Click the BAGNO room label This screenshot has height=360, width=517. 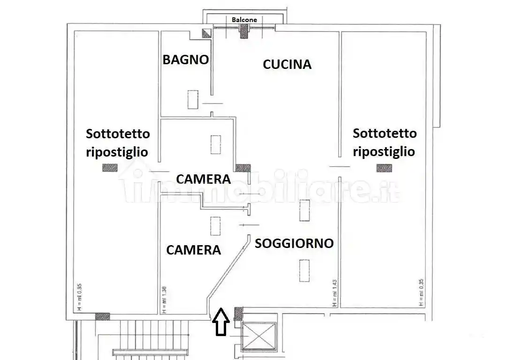tap(185, 60)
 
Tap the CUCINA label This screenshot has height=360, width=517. tap(287, 64)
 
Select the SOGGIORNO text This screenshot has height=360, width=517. tap(294, 243)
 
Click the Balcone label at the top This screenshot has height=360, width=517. tap(244, 20)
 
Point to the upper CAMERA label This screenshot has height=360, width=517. tap(203, 179)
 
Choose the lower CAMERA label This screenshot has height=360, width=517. tap(193, 250)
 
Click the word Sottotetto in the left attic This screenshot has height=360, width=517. tap(118, 134)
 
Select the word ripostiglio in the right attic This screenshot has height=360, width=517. tap(384, 152)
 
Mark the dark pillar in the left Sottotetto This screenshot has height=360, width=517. tap(110, 167)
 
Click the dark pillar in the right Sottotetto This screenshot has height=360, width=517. tap(383, 167)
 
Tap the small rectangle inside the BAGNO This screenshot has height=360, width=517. tap(193, 99)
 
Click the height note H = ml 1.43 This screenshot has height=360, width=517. tap(334, 293)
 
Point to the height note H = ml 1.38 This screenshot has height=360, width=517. tap(164, 300)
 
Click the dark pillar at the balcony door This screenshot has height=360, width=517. tap(244, 32)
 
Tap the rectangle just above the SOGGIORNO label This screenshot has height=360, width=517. tap(305, 210)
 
